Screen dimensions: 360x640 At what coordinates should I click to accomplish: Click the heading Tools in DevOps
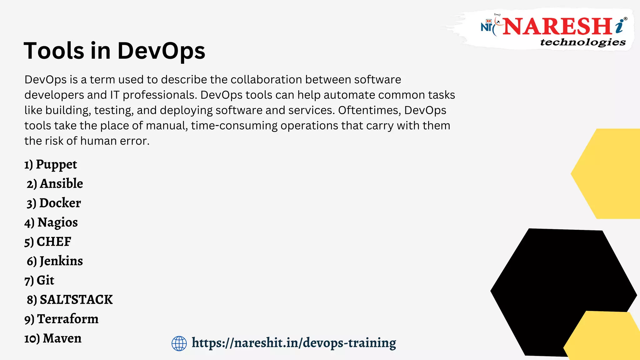click(114, 51)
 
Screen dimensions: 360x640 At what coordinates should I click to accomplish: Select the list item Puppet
click(51, 165)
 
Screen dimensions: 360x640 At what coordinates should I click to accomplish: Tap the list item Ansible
click(55, 184)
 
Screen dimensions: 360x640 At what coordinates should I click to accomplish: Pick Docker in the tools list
click(54, 203)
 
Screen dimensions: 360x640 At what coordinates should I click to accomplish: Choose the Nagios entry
click(51, 222)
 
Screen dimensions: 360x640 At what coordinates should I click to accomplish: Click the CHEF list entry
click(48, 242)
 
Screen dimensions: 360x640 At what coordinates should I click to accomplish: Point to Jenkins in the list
click(55, 261)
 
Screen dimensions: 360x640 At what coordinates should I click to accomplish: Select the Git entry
click(39, 281)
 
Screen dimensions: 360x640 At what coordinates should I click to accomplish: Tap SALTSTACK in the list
click(70, 300)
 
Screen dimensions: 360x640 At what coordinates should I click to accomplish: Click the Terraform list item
click(61, 319)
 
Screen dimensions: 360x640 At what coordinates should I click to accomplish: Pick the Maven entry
click(53, 338)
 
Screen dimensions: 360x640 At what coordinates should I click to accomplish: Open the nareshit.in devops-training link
click(294, 343)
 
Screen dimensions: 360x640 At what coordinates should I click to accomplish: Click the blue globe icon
click(179, 343)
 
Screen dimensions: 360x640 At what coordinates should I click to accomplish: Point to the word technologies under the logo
click(583, 42)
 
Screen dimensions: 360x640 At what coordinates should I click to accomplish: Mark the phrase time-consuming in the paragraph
click(234, 126)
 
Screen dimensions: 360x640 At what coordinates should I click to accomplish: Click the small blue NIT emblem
click(487, 26)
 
